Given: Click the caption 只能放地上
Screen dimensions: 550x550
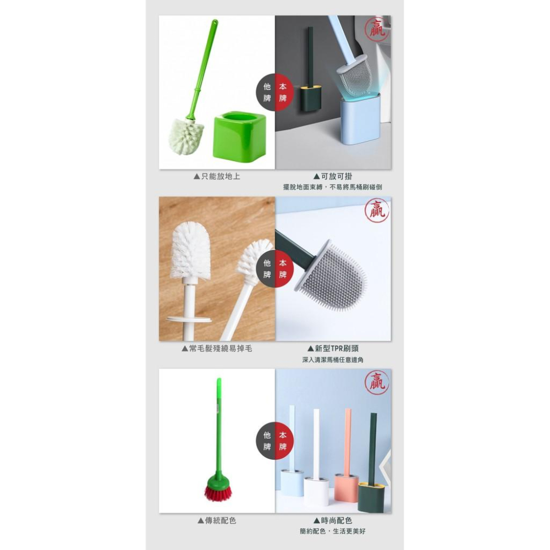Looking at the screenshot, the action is coord(217,177).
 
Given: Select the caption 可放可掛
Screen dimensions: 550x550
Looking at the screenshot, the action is coord(333,177).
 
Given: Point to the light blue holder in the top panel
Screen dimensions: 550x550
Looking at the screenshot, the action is coord(360,119).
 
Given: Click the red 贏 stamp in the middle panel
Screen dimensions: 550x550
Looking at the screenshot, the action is coord(377,210).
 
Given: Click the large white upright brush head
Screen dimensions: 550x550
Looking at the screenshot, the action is coord(190,250).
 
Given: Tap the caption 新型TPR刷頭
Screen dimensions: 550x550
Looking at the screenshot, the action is coord(333,348).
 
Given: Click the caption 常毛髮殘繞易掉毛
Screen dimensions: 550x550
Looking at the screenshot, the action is coord(217,348).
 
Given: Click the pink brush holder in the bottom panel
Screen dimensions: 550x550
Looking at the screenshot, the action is coord(346,487).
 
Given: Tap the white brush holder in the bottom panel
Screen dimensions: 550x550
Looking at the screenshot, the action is coord(316,491).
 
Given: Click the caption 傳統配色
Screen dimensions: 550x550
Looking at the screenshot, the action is coord(217,520).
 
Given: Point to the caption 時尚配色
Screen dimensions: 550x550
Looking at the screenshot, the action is coord(333,520).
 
